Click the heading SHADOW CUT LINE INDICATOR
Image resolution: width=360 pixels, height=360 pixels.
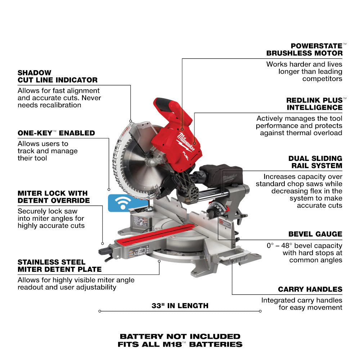(58, 76)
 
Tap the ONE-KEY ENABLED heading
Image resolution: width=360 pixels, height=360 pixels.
(56, 133)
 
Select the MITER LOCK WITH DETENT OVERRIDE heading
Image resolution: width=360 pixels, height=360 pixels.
(53, 197)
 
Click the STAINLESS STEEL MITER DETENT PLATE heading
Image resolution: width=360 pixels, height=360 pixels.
(59, 266)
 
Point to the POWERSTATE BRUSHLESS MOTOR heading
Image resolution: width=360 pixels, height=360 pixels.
(305, 49)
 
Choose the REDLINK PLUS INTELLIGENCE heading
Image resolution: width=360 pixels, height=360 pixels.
(314, 104)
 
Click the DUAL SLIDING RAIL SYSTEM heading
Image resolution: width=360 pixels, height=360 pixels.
(315, 162)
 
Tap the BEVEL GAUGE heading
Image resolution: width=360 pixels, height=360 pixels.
(315, 234)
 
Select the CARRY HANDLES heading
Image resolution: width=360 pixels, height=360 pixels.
(310, 289)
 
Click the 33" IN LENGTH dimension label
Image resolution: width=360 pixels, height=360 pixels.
(180, 306)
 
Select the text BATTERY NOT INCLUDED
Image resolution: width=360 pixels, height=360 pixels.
(180, 337)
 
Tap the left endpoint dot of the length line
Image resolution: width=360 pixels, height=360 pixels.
(99, 311)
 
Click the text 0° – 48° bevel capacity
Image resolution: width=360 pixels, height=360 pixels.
(305, 246)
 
